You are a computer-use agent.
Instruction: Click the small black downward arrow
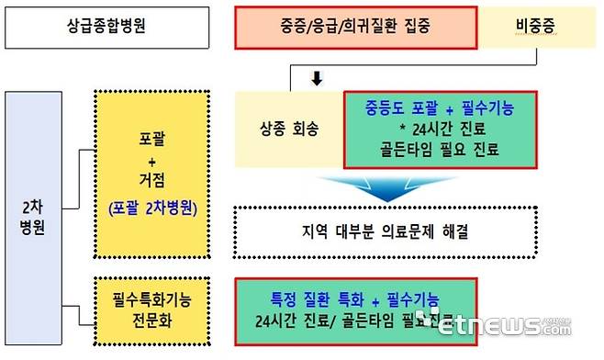pyautogui.click(x=318, y=80)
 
